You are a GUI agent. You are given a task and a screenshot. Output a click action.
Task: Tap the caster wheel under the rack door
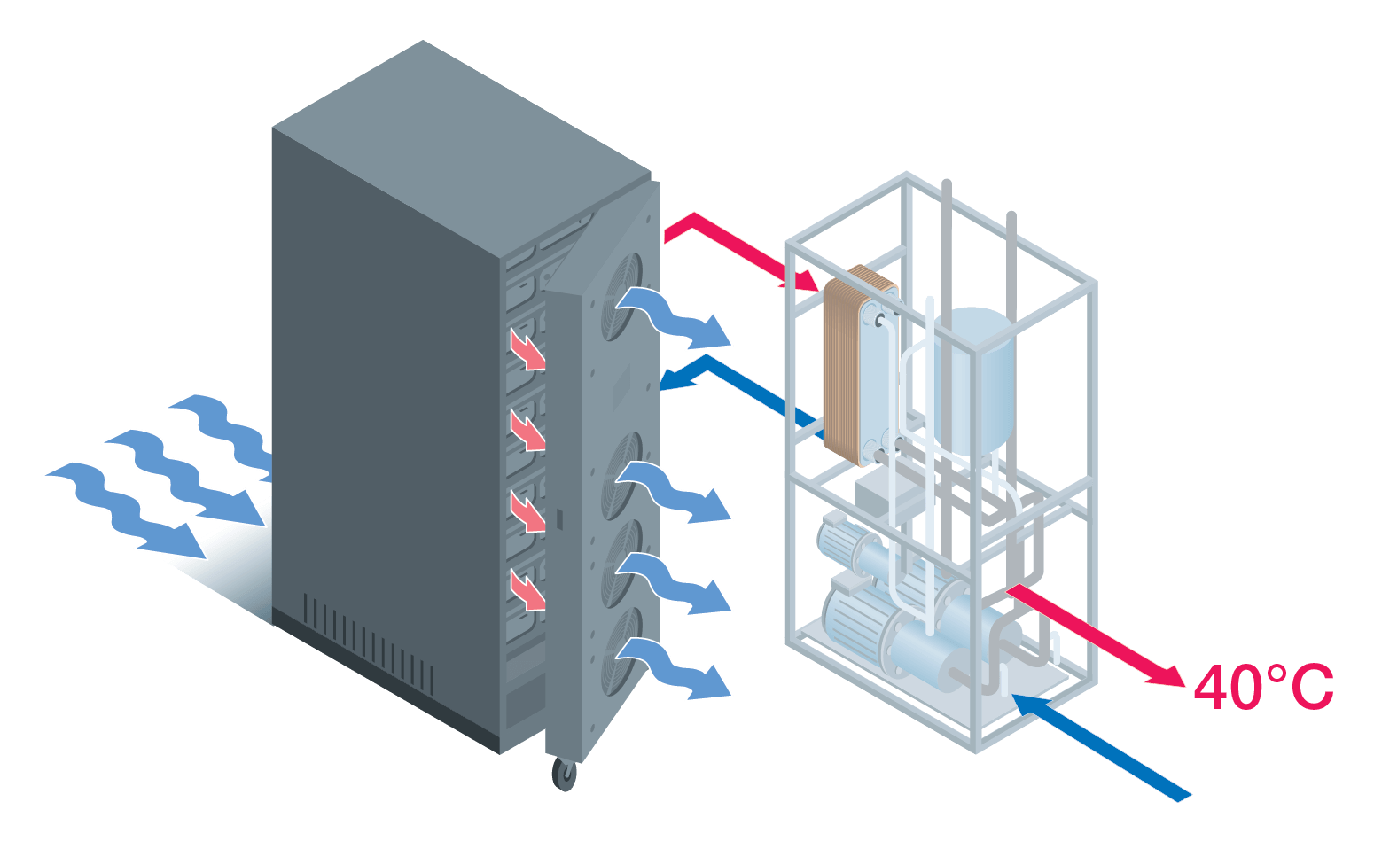[564, 773]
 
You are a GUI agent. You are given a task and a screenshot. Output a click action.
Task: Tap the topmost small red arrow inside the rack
[528, 351]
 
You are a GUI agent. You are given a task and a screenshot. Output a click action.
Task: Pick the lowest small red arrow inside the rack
[528, 590]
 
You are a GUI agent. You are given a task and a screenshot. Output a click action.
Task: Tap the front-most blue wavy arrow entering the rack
[124, 510]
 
